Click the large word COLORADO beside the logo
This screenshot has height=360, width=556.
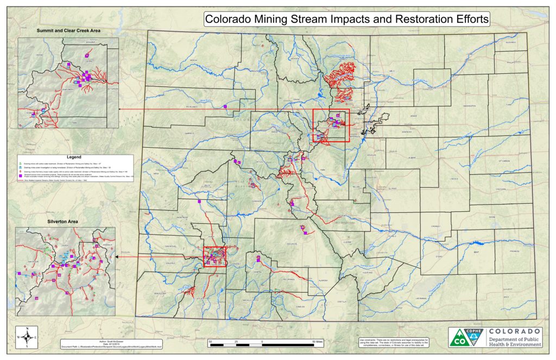[x=514, y=331]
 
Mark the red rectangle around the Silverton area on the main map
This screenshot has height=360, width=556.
[x=214, y=256]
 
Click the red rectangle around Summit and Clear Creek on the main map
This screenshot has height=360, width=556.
[x=331, y=125]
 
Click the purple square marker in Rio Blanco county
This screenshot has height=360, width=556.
[x=235, y=162]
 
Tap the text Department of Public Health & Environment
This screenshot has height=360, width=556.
[x=514, y=342]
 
